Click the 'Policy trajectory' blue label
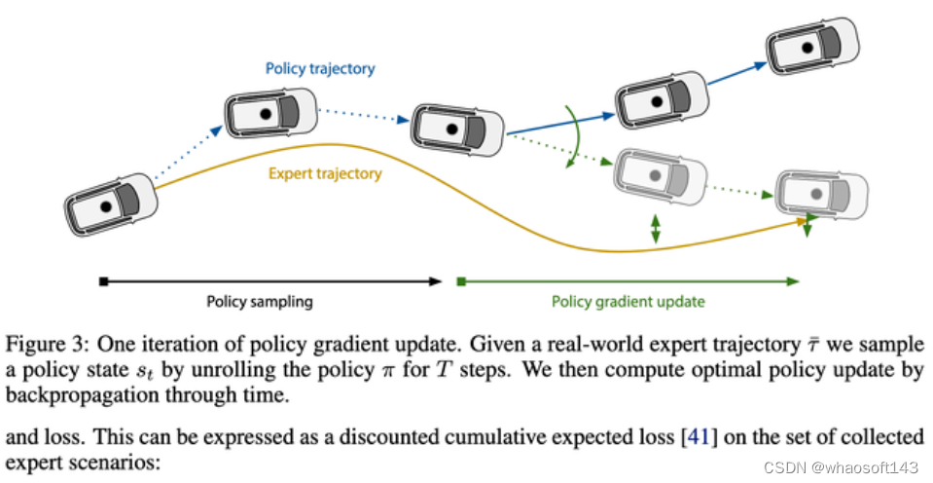pos(320,69)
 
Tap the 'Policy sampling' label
pos(260,301)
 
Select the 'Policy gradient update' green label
pos(628,301)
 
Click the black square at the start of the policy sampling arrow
pos(102,281)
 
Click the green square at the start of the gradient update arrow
pos(462,281)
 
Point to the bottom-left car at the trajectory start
pos(112,208)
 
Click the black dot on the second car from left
pos(263,112)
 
